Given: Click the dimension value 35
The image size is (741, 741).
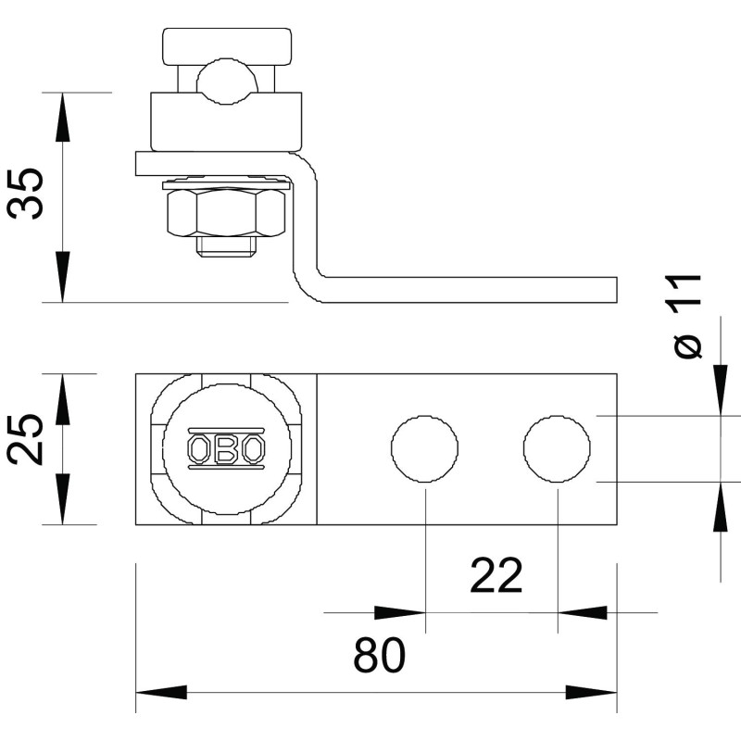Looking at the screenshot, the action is point(27,193).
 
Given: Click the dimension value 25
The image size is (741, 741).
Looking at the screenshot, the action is point(26,439).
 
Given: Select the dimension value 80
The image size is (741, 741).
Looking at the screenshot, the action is point(380,655).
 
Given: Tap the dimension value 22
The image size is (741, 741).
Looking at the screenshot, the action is point(496,575).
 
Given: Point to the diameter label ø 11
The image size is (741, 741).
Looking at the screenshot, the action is point(686,316).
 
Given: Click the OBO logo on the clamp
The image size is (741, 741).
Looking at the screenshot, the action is point(226,449).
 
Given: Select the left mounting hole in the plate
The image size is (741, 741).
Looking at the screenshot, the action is point(424,449).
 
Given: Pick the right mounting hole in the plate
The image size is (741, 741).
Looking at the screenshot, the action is point(557,449).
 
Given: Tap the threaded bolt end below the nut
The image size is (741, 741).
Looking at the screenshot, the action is point(226,246).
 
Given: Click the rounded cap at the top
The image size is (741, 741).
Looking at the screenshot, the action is point(227,46).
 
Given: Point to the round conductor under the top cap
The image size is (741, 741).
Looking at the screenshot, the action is point(227,82).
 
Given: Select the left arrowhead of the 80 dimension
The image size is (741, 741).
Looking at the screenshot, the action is point(161,692).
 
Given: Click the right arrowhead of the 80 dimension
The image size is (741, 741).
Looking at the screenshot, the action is point(591,692).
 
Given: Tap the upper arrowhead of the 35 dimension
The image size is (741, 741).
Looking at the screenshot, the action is point(62,118).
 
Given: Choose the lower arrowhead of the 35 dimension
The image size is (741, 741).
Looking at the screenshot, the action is point(62,276).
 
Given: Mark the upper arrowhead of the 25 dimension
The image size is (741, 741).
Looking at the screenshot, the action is point(62,399).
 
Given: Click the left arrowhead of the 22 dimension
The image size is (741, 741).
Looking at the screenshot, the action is point(400,613).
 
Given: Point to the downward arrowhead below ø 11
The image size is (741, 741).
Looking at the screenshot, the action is point(721,391).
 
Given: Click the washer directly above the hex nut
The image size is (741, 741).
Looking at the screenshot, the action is point(226,183).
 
